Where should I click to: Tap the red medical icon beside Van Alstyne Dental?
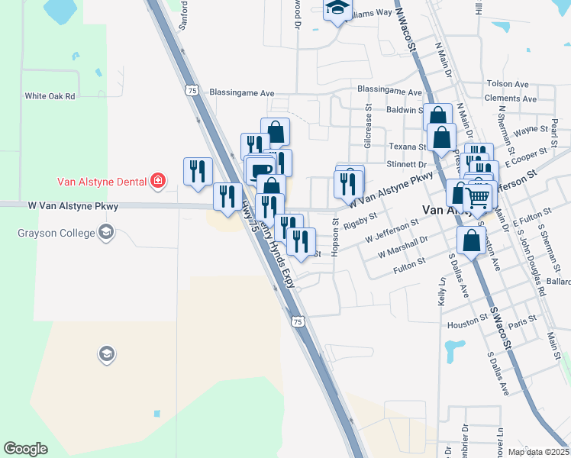click(x=158, y=181)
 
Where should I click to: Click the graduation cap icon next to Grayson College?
click(x=106, y=233)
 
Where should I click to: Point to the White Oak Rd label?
click(x=50, y=96)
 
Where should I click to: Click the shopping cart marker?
click(x=478, y=197)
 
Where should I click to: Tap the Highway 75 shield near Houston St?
click(x=298, y=323)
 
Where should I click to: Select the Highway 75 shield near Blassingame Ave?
click(x=192, y=90)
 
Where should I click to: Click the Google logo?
click(x=25, y=449)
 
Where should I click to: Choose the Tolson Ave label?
click(x=508, y=84)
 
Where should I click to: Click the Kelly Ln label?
click(x=441, y=292)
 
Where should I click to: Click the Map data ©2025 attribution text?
click(x=537, y=451)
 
